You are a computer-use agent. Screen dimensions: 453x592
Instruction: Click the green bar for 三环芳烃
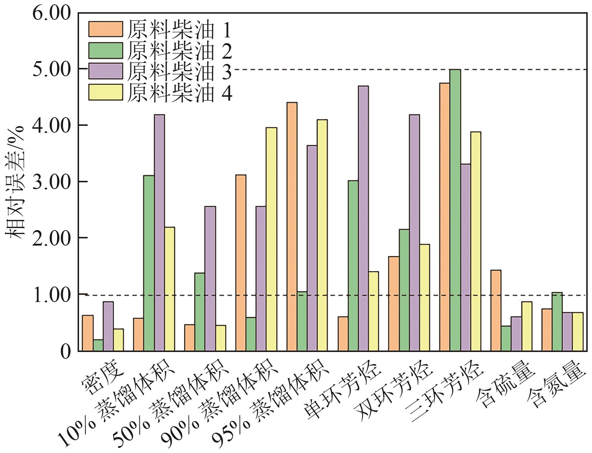[x=455, y=210]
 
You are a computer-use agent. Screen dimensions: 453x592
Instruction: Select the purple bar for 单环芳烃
[x=363, y=218]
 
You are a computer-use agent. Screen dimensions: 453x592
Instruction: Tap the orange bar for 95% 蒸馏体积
[x=292, y=226]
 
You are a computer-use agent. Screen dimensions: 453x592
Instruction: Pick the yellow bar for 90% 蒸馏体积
[x=272, y=239]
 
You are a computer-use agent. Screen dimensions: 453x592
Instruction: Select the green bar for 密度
[x=98, y=345]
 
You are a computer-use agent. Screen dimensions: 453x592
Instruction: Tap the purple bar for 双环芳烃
[x=414, y=233]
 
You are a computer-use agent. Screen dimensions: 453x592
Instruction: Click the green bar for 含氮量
[x=557, y=321]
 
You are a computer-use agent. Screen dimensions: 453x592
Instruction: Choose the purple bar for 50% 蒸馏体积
[x=210, y=279]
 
